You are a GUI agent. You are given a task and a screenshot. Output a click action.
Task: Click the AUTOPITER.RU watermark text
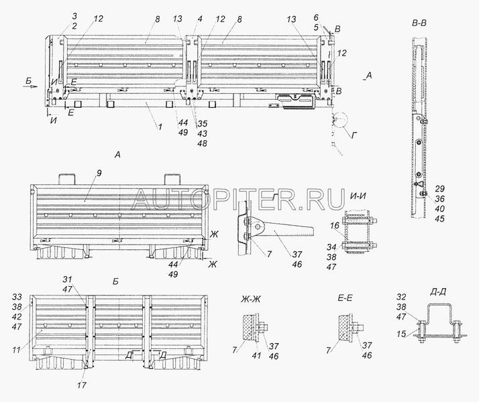pos(239,196)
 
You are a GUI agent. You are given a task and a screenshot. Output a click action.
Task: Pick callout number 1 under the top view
pos(158,125)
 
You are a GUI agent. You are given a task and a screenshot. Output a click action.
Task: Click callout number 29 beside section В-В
pos(439,188)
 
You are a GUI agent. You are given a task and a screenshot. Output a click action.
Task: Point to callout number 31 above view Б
pos(85,280)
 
